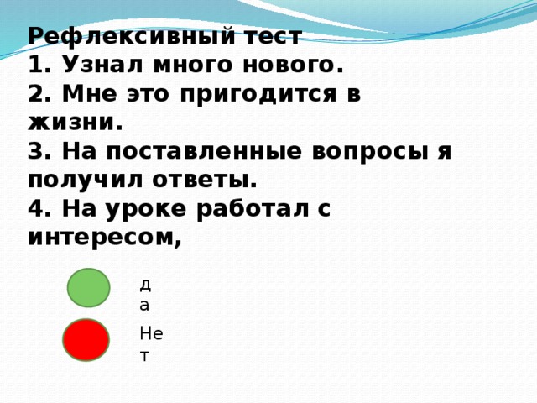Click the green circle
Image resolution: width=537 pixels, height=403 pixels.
coord(88,288)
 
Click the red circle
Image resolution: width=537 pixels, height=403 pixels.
coord(86,340)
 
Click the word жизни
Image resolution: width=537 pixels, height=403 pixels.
coord(75,123)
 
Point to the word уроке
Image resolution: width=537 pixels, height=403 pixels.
coord(136,210)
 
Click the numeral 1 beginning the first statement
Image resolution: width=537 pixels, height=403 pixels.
coord(34,65)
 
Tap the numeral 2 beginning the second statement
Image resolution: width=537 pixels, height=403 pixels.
coord(34,94)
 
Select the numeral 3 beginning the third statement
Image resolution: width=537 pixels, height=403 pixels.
coord(34,152)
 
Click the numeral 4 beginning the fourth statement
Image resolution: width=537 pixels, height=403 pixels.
coord(34,210)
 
